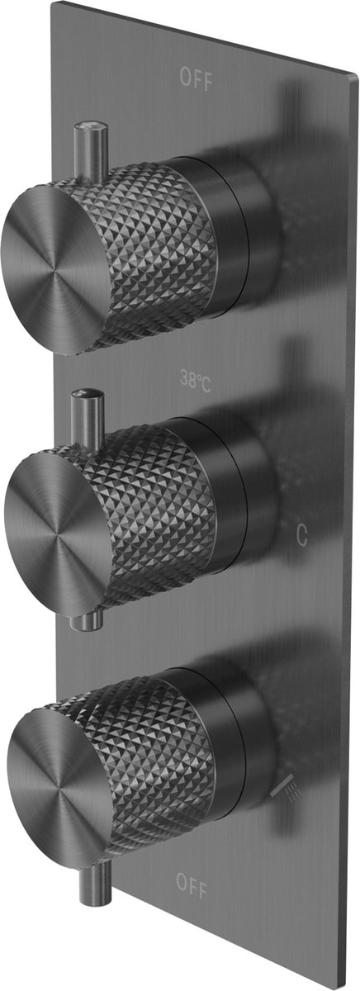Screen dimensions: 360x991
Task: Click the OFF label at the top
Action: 197,79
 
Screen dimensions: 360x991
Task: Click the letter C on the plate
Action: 302,535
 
